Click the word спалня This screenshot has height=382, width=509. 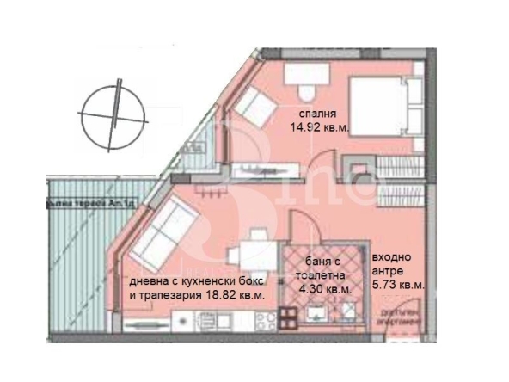pyautogui.click(x=317, y=114)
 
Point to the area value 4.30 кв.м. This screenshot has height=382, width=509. pyautogui.click(x=322, y=290)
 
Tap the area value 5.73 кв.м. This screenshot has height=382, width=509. pyautogui.click(x=397, y=284)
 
